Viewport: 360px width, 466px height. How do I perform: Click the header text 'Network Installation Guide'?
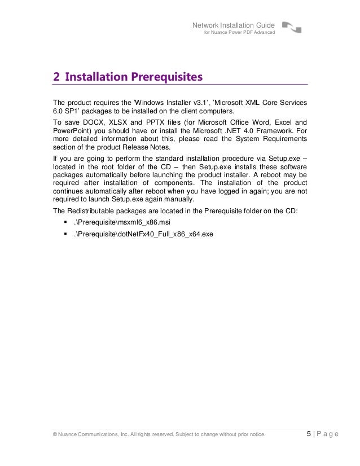(234, 25)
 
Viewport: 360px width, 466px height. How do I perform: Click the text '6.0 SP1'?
(64, 111)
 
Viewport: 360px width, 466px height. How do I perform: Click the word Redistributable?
(91, 211)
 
